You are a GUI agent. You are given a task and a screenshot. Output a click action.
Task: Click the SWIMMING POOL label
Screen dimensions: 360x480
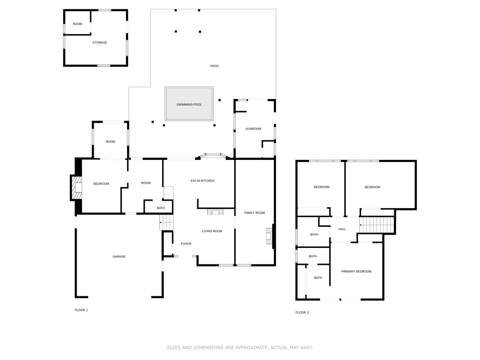pyautogui.click(x=189, y=105)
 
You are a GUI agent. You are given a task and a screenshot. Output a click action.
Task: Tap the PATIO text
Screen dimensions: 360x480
pyautogui.click(x=214, y=66)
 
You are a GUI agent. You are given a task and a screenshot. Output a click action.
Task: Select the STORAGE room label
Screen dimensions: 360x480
pyautogui.click(x=99, y=43)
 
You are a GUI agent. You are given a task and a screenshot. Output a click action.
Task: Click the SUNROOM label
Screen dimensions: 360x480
pyautogui.click(x=253, y=129)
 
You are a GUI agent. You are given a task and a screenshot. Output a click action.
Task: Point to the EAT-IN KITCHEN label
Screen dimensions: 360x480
pyautogui.click(x=202, y=181)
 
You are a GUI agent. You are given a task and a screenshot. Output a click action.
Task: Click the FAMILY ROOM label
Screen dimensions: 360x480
pyautogui.click(x=254, y=213)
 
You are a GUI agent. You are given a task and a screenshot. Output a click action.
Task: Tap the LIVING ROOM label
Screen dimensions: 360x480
pyautogui.click(x=212, y=231)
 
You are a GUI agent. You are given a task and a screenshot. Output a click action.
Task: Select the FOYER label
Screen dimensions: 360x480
pyautogui.click(x=186, y=244)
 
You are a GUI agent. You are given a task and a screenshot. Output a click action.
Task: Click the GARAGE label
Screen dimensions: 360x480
pyautogui.click(x=119, y=257)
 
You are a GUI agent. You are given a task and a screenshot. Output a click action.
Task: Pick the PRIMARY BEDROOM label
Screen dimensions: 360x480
pyautogui.click(x=356, y=272)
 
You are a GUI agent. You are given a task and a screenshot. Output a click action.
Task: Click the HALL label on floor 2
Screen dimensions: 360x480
pyautogui.click(x=342, y=229)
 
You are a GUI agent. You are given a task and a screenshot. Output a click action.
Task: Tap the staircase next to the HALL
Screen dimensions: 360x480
pyautogui.click(x=376, y=225)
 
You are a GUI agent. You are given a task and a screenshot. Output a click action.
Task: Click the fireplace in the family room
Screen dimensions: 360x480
pyautogui.click(x=269, y=236)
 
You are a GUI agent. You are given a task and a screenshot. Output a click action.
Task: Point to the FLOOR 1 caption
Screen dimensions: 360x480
pyautogui.click(x=81, y=310)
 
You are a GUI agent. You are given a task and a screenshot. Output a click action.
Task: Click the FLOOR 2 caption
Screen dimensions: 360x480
pyautogui.click(x=302, y=313)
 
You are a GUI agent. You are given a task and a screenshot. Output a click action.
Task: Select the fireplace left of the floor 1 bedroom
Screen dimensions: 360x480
pyautogui.click(x=75, y=187)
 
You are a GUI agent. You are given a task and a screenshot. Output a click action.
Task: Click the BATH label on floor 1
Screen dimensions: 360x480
pyautogui.click(x=161, y=208)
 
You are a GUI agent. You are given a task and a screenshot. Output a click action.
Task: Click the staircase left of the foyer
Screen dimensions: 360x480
pyautogui.click(x=166, y=222)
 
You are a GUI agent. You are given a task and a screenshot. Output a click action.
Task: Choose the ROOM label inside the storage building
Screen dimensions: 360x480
pyautogui.click(x=77, y=24)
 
